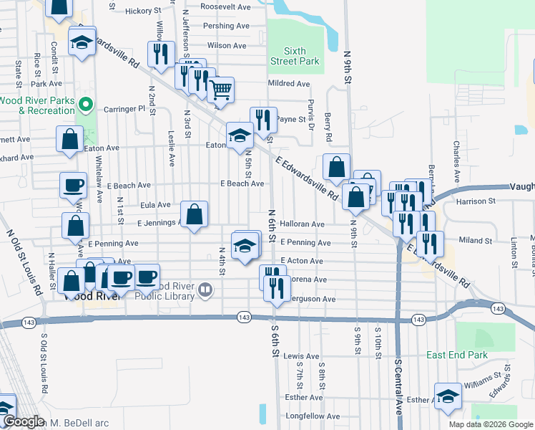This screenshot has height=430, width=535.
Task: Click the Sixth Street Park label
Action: point(295,56)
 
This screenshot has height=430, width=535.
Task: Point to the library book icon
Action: point(206,290)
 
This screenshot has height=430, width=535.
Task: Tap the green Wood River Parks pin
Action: point(86,106)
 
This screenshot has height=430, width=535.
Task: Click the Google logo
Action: point(22,422)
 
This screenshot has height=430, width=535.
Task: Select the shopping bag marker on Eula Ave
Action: point(194,214)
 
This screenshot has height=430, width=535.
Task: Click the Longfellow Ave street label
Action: point(313,416)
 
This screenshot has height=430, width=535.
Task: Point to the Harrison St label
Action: point(476,202)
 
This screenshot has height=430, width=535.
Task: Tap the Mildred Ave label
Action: point(288,84)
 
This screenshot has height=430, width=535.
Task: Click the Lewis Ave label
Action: point(301,356)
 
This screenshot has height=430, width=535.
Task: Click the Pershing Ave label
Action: point(226,26)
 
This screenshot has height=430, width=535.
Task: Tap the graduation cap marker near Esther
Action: point(448,396)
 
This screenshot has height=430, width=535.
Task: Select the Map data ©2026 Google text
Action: point(490,424)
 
